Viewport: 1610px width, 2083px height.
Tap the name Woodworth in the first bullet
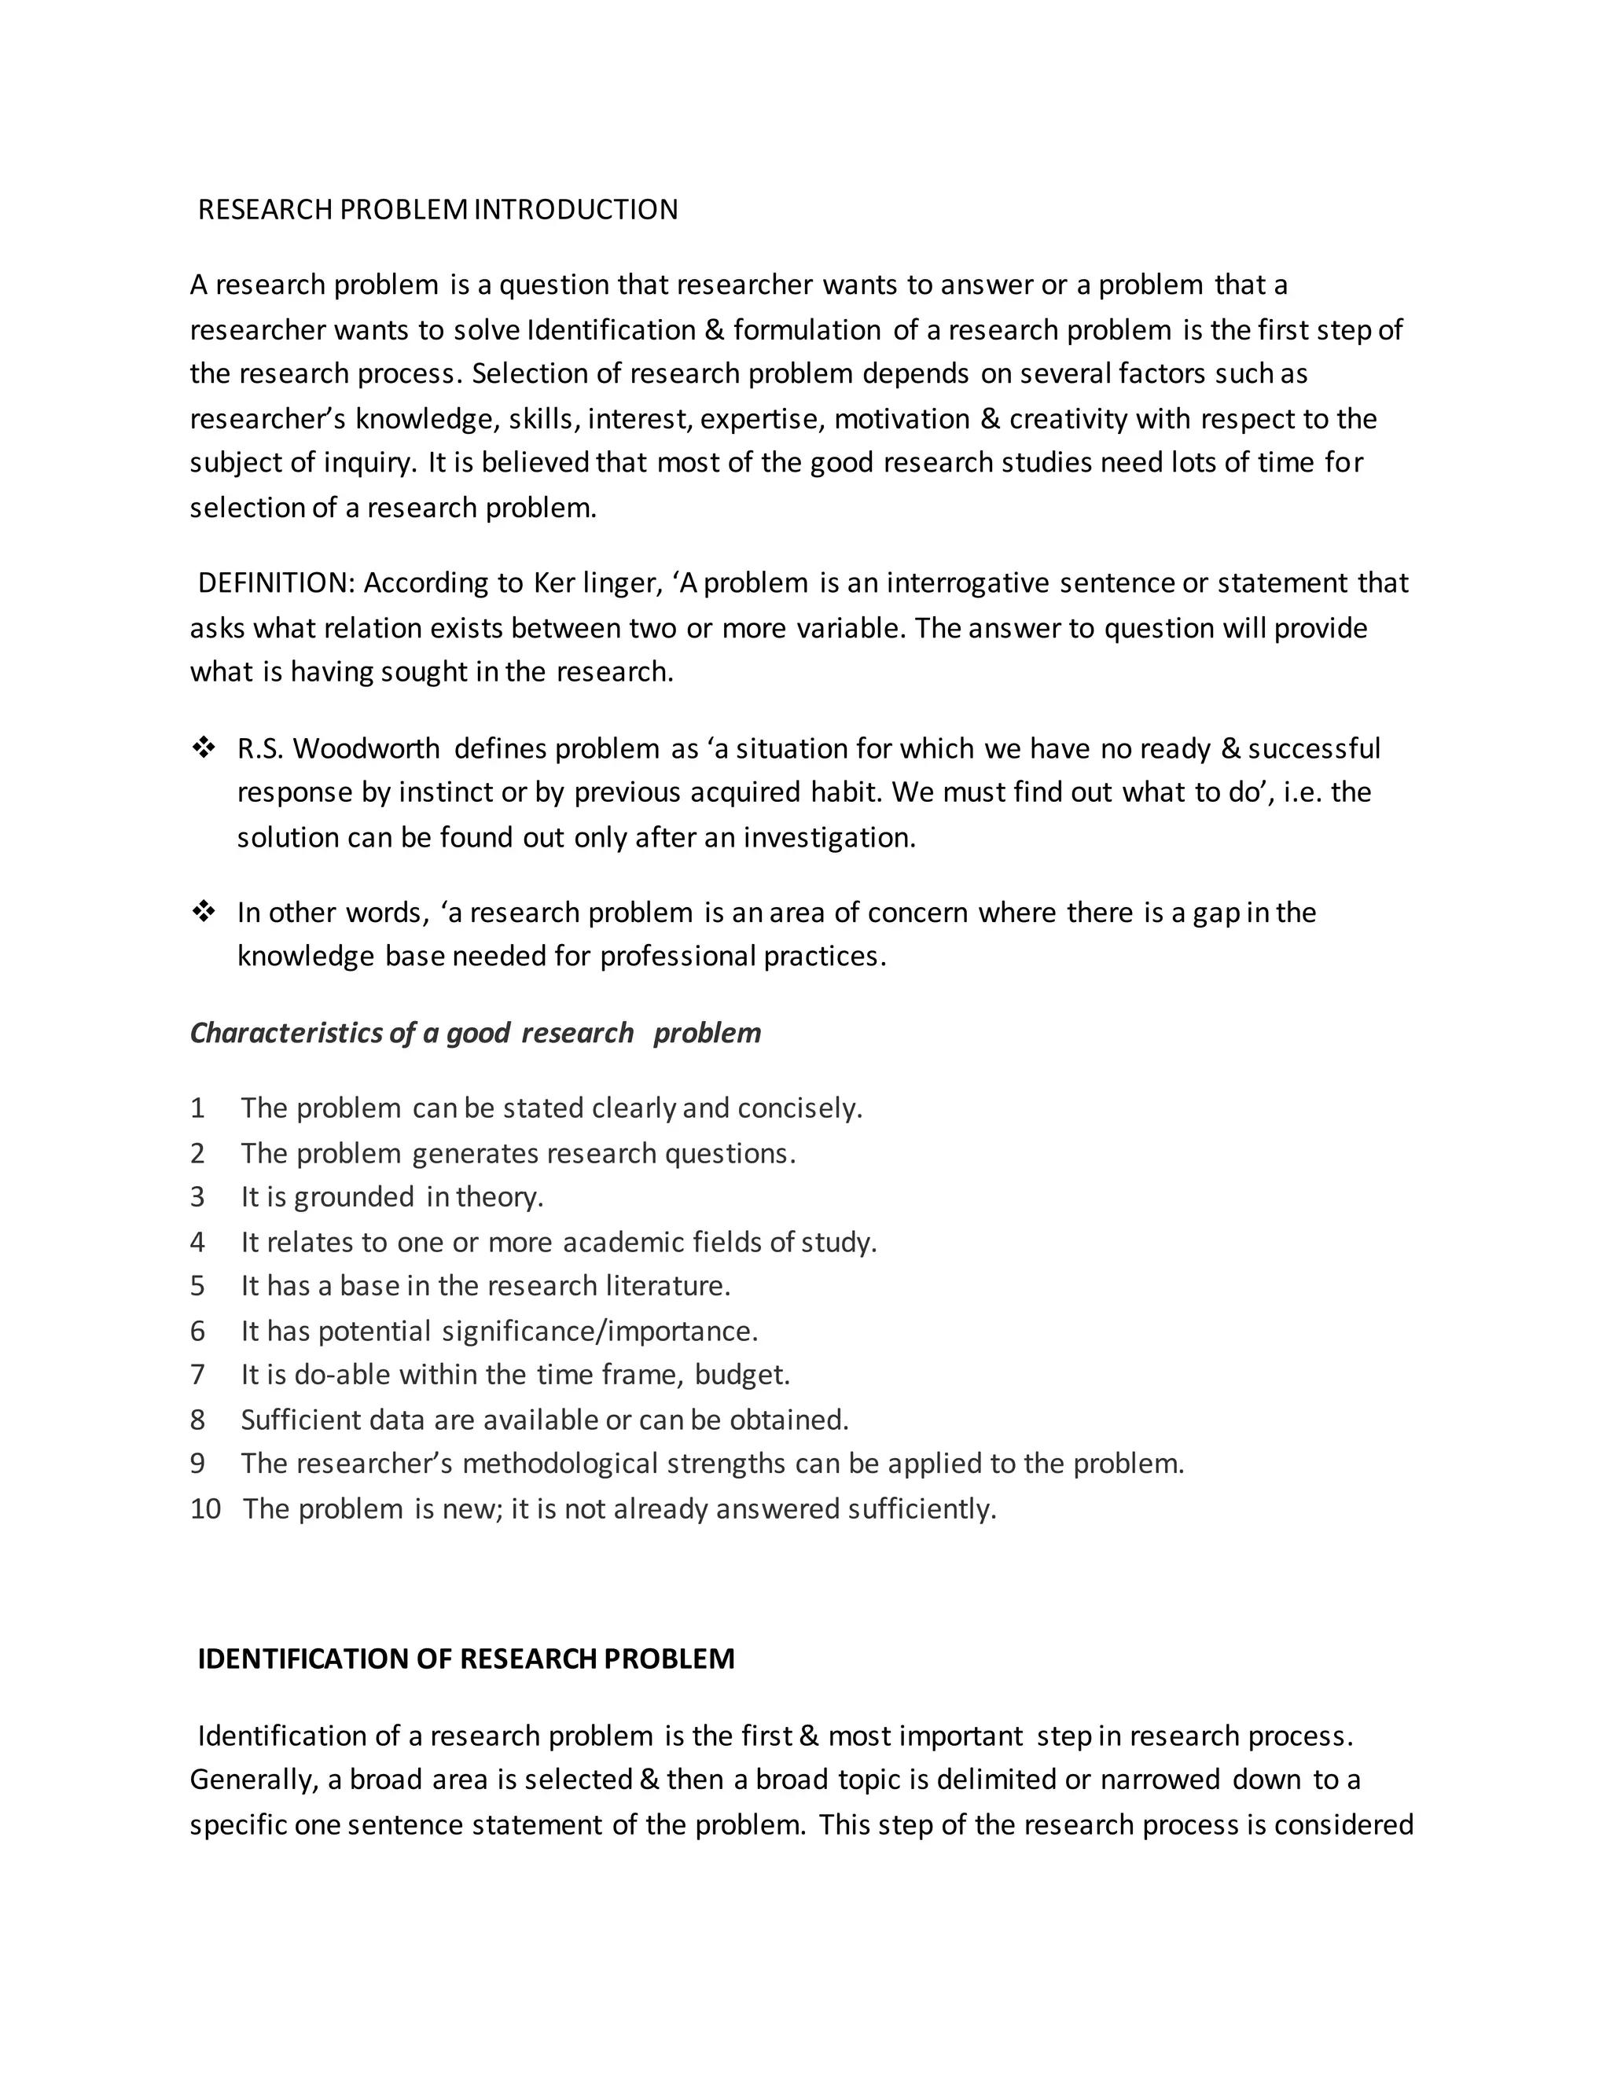[366, 748]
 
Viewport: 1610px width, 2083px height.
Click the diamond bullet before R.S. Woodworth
[203, 748]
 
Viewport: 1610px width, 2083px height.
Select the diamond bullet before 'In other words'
[203, 912]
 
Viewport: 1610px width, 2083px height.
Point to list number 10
[205, 1509]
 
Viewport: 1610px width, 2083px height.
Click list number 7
[197, 1374]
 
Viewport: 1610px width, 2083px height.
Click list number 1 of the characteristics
[197, 1108]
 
